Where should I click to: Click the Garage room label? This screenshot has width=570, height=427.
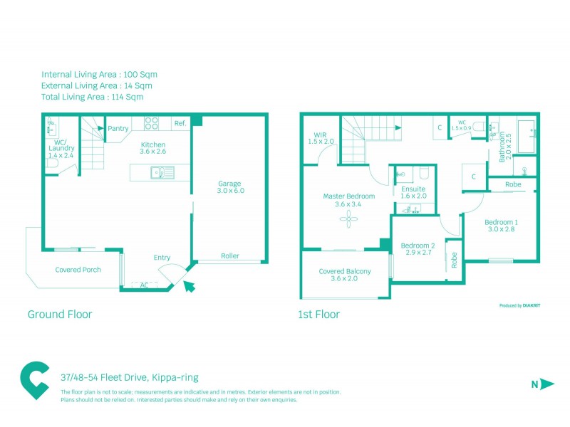pos(229,184)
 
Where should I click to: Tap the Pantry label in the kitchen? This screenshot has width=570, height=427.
pos(118,129)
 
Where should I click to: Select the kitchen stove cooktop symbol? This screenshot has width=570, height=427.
pos(151,123)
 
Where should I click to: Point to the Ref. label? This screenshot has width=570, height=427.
pos(180,124)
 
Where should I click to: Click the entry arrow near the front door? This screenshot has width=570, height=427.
pos(190,286)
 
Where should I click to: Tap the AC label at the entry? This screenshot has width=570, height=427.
pos(144,285)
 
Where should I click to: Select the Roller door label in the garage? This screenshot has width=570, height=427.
pos(229,256)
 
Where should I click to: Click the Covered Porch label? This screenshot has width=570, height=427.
pos(78,270)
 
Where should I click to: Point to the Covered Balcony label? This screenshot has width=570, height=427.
pos(345,271)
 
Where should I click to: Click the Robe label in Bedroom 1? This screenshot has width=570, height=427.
pos(512,184)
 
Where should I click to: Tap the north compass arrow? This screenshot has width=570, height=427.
pos(546,384)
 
